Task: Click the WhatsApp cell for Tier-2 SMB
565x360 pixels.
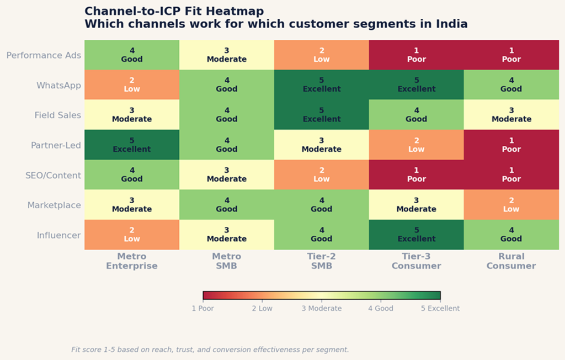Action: coord(322,85)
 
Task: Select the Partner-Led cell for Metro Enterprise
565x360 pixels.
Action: coord(132,145)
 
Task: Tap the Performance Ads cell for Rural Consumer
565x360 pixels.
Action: coord(511,55)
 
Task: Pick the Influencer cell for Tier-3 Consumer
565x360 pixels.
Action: coord(417,235)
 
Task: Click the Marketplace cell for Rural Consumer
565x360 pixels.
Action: coord(511,205)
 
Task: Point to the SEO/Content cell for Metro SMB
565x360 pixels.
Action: coord(227,175)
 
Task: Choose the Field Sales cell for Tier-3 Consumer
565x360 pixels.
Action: coord(417,115)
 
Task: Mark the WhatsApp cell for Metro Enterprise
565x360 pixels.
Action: coord(132,85)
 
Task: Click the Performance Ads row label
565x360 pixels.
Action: coord(44,55)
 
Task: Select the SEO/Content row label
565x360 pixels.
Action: coord(53,176)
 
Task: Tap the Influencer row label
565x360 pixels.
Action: coord(59,235)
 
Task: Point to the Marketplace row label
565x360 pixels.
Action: coord(54,205)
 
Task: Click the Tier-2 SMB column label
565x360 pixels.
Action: coord(322,261)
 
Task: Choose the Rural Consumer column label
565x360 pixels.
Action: coord(511,261)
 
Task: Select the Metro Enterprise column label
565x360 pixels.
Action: coord(132,261)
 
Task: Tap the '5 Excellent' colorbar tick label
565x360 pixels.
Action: coord(440,309)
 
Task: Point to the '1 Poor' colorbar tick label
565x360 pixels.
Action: coord(203,309)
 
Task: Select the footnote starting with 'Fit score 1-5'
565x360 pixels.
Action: coord(210,350)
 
